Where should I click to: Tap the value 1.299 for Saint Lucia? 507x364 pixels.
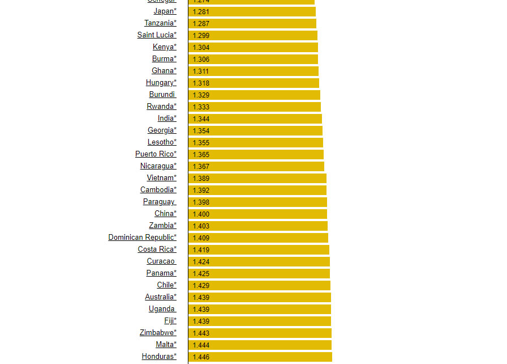point(201,35)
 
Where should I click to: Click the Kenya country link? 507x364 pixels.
point(164,47)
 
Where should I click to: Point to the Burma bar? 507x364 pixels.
point(253,59)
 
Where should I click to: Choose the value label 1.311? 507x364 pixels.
point(201,71)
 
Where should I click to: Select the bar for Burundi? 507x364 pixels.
point(254,95)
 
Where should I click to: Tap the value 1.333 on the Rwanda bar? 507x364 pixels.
point(201,107)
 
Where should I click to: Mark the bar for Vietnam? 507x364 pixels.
point(257,178)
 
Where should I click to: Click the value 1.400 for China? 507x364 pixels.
point(201,214)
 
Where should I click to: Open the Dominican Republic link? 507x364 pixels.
point(142,238)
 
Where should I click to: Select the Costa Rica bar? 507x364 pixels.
point(259,249)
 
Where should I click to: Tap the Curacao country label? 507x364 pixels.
point(161,261)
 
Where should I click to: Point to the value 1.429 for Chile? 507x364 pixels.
point(201,285)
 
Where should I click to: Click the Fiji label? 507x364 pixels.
point(170,321)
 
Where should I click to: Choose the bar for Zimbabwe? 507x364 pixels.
point(260,333)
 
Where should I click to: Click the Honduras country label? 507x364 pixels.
point(159,357)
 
